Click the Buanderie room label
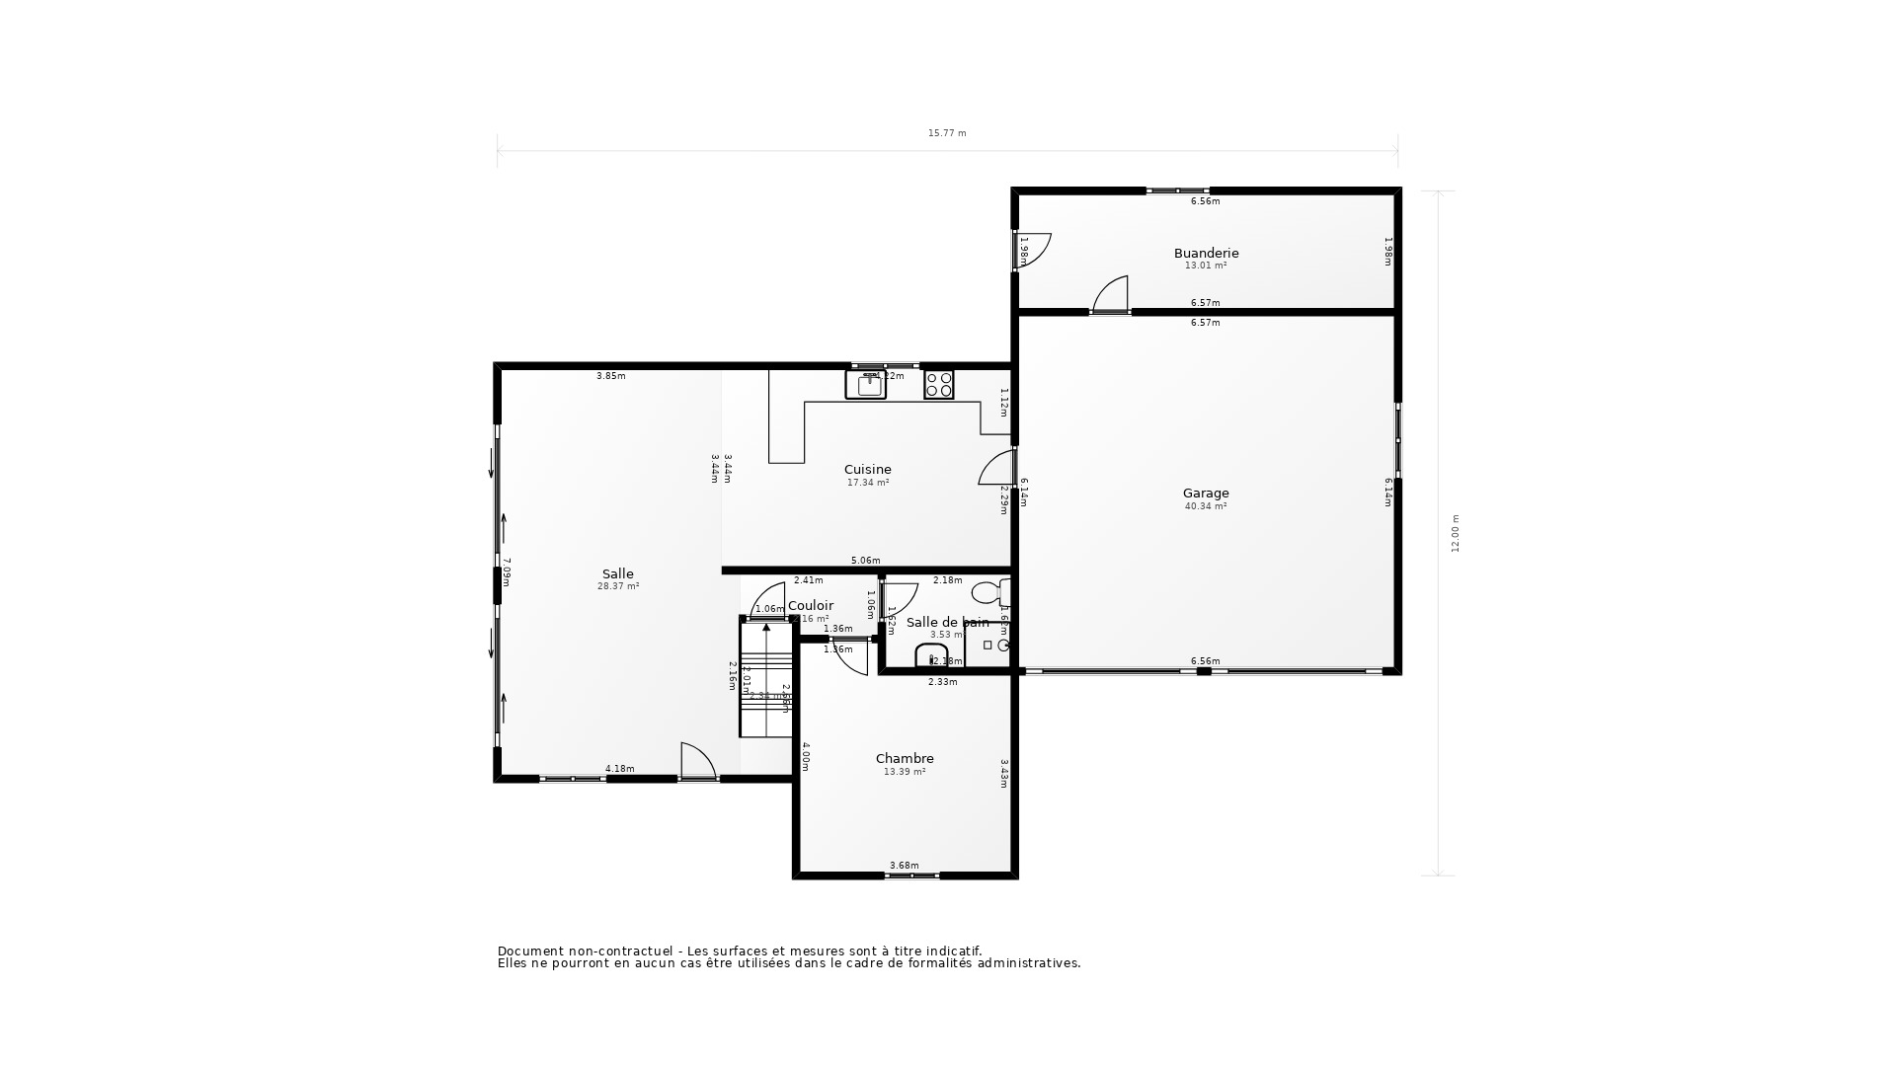1206,253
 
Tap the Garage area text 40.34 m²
1206,506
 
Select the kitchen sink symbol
866,384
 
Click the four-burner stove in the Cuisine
938,384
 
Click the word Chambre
905,758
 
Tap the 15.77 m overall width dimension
947,133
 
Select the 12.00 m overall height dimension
1455,533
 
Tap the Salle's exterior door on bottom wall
697,762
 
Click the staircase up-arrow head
766,627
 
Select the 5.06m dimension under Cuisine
865,561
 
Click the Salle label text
618,573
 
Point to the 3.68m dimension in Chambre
904,866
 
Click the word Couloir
811,605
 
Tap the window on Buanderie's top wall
1177,190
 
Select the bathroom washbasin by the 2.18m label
930,656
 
